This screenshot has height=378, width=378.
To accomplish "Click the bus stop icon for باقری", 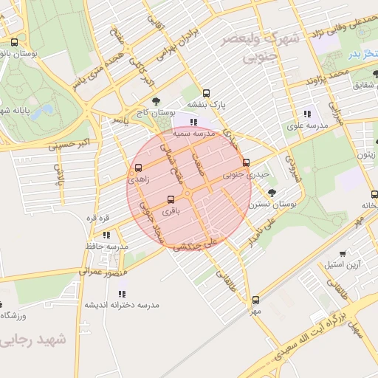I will coord(171,199).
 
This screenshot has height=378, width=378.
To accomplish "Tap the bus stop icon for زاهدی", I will coord(138,168).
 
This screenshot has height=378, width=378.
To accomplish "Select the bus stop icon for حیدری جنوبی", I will coord(246,163).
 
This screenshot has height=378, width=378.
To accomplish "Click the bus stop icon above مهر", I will coord(255,300).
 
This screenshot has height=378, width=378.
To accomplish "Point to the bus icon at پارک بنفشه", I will coord(206,94).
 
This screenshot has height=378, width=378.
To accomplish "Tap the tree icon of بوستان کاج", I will coord(155,102).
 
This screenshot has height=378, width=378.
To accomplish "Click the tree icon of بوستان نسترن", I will coord(272,193).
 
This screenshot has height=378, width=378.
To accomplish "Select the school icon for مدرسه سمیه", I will coord(193,123).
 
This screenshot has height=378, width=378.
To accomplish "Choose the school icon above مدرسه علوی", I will coord(306,114).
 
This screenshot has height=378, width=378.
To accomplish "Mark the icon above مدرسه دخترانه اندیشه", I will coord(121,294).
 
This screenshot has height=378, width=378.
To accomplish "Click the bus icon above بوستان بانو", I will coord(15,43).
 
